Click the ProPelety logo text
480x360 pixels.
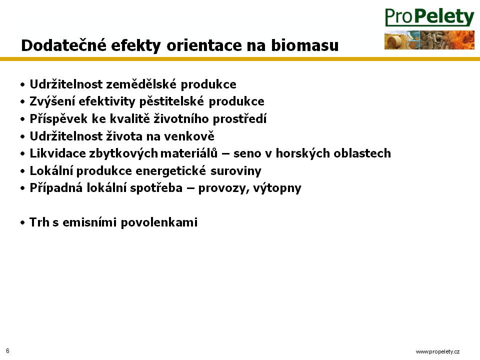(x=429, y=17)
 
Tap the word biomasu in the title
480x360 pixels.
(x=305, y=45)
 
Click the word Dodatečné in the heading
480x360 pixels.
(x=63, y=45)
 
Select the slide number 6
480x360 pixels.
(x=7, y=351)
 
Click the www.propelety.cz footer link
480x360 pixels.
(x=437, y=351)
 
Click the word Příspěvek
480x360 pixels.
(x=58, y=119)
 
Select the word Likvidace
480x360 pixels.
(x=57, y=153)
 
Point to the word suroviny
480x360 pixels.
(x=235, y=170)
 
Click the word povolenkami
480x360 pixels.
(x=159, y=222)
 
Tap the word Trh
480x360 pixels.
(x=39, y=222)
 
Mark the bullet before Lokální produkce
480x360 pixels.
(x=22, y=171)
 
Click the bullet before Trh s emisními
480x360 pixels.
(x=22, y=223)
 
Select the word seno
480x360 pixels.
(x=247, y=153)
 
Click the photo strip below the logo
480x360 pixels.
(x=429, y=40)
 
